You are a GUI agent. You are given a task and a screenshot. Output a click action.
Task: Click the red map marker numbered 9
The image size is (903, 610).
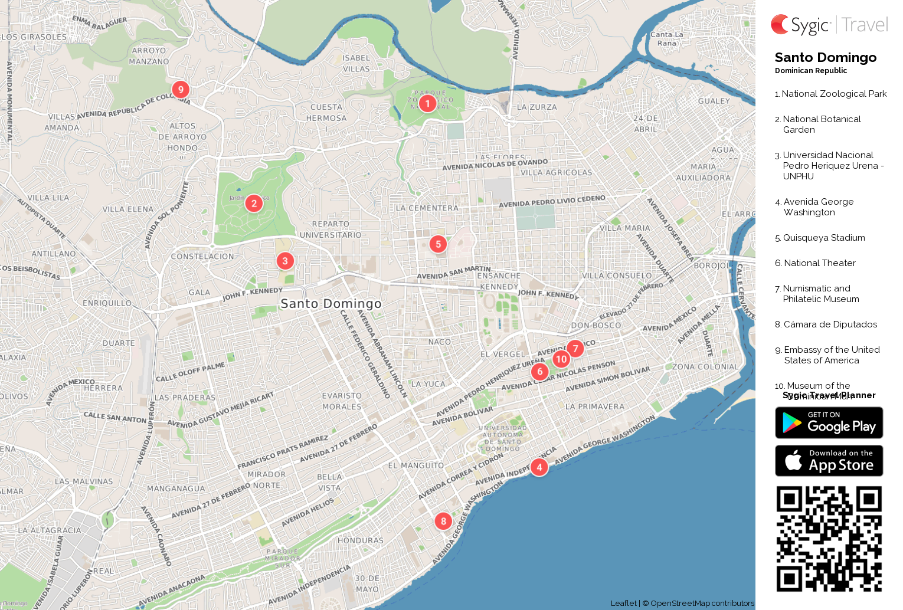pyautogui.click(x=181, y=90)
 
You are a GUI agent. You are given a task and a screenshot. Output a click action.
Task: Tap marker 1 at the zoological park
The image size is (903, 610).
pyautogui.click(x=427, y=103)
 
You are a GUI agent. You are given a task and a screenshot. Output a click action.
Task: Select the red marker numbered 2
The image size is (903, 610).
pyautogui.click(x=254, y=204)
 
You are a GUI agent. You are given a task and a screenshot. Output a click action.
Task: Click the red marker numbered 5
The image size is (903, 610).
pyautogui.click(x=438, y=244)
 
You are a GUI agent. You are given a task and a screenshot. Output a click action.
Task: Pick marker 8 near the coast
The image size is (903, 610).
pyautogui.click(x=443, y=522)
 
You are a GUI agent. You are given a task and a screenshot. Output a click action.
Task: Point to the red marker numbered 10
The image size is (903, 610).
pyautogui.click(x=561, y=359)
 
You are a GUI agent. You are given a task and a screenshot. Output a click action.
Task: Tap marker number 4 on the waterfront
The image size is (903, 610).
pyautogui.click(x=539, y=467)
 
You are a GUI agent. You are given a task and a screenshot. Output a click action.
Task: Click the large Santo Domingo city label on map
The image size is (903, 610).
pyautogui.click(x=331, y=303)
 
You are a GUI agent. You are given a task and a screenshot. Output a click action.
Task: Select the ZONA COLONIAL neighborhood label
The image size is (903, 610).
pyautogui.click(x=705, y=367)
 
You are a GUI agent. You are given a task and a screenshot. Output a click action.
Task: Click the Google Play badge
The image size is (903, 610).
pyautogui.click(x=829, y=423)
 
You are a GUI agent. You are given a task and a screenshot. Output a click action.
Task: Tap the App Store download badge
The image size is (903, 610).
pyautogui.click(x=829, y=461)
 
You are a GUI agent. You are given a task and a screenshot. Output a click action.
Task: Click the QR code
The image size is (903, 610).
pyautogui.click(x=829, y=539)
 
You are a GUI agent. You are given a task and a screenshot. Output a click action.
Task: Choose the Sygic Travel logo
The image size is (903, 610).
pyautogui.click(x=829, y=25)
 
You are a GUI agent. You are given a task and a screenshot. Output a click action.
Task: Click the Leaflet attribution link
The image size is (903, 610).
pyautogui.click(x=623, y=603)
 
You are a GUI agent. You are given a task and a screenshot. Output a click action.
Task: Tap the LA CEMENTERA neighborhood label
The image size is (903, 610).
pyautogui.click(x=427, y=208)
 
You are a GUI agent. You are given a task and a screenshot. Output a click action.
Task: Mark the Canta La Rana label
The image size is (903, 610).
pyautogui.click(x=667, y=39)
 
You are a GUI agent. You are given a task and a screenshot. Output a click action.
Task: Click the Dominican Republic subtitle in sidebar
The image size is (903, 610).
pyautogui.click(x=811, y=71)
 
